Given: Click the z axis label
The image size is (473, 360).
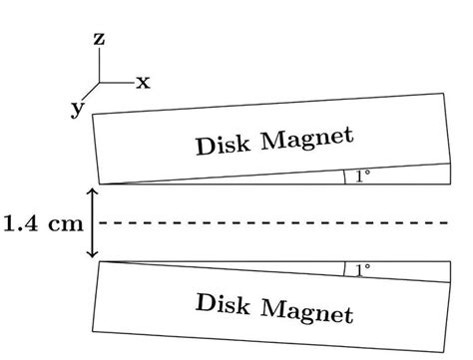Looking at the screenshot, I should click(x=100, y=41).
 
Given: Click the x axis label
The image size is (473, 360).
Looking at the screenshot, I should click(x=143, y=83).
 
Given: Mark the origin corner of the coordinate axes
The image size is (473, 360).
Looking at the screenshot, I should click(x=100, y=84).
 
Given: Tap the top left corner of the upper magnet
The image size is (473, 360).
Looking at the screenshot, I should click(x=92, y=116).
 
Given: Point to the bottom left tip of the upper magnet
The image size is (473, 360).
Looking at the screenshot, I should click(x=99, y=184).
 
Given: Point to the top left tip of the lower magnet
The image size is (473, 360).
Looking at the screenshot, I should click(x=99, y=262).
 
